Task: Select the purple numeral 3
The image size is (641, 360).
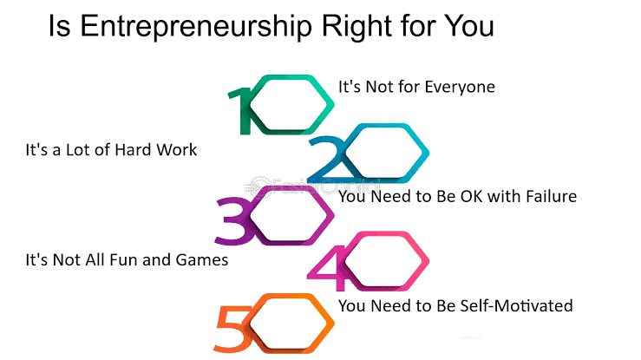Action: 233,221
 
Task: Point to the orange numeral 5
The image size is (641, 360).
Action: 233,329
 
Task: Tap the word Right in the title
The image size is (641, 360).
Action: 357,27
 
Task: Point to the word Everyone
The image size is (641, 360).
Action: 460,88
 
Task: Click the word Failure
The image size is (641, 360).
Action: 551,197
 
